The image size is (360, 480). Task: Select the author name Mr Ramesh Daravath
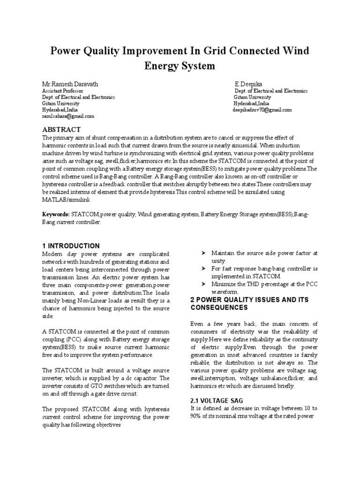click(71, 83)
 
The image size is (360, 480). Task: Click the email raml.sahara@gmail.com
click(68, 116)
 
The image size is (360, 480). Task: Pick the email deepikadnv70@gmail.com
click(262, 110)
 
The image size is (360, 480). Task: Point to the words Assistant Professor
click(63, 90)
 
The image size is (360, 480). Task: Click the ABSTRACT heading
click(61, 129)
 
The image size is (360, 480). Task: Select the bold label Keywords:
click(56, 214)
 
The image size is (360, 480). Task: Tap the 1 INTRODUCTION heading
click(71, 246)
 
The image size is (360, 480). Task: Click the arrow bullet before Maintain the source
click(203, 253)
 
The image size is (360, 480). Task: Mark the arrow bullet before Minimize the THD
click(203, 284)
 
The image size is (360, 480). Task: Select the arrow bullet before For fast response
click(203, 269)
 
